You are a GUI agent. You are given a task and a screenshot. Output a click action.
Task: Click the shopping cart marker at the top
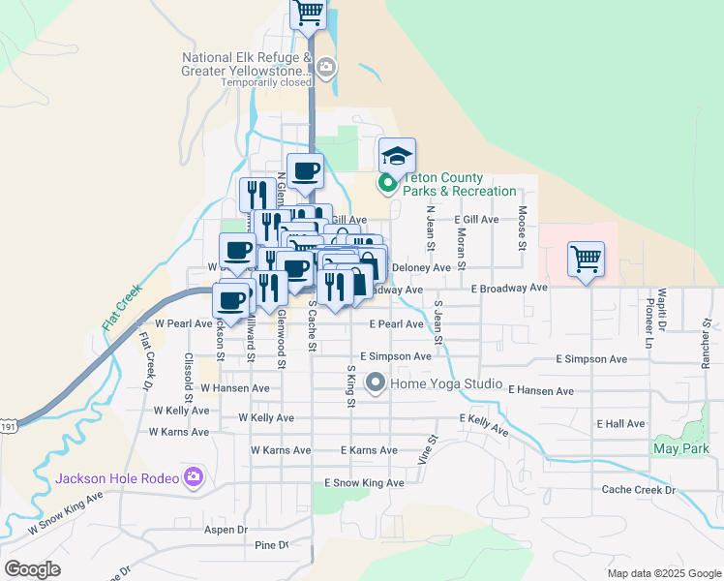pos(308,14)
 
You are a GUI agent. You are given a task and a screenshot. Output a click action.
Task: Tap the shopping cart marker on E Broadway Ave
pos(586,260)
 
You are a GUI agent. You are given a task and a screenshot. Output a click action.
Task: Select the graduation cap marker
pos(397,156)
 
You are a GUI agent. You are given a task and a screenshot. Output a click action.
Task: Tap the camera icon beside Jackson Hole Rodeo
pos(194,476)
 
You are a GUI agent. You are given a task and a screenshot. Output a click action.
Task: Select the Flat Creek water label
pos(123,309)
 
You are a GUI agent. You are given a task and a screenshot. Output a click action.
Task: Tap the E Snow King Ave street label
pos(364,482)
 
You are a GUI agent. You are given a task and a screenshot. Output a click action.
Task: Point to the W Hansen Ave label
pos(234,388)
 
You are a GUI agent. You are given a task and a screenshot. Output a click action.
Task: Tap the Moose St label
pos(523,227)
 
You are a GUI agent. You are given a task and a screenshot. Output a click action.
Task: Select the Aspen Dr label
pos(226,531)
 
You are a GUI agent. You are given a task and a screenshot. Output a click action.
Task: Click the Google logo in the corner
pos(33,569)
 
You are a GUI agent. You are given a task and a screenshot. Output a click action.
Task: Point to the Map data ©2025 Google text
pos(663,573)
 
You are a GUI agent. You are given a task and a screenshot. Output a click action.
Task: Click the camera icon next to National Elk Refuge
pos(326,67)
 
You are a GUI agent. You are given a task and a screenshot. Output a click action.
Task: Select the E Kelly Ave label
pos(484,423)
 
